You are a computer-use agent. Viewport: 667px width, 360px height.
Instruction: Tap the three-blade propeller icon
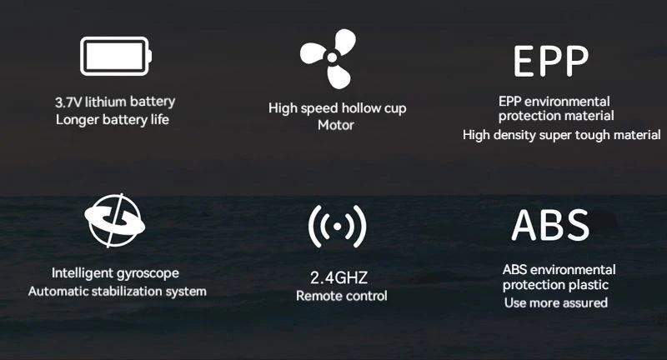pos(328,58)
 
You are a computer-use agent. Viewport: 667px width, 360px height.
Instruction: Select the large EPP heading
pos(551,61)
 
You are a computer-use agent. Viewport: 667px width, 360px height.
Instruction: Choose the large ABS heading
pos(550,225)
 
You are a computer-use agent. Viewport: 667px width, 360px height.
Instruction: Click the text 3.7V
pos(68,102)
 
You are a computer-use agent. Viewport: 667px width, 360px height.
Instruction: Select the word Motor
pos(336,125)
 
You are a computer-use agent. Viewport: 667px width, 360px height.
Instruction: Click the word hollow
pos(361,108)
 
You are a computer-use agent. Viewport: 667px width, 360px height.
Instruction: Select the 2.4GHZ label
pos(339,278)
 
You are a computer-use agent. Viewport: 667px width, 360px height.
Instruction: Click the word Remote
pos(317,296)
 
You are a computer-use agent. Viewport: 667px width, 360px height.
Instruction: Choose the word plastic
pos(589,285)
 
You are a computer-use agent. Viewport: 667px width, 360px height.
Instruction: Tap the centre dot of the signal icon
pos(338,227)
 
